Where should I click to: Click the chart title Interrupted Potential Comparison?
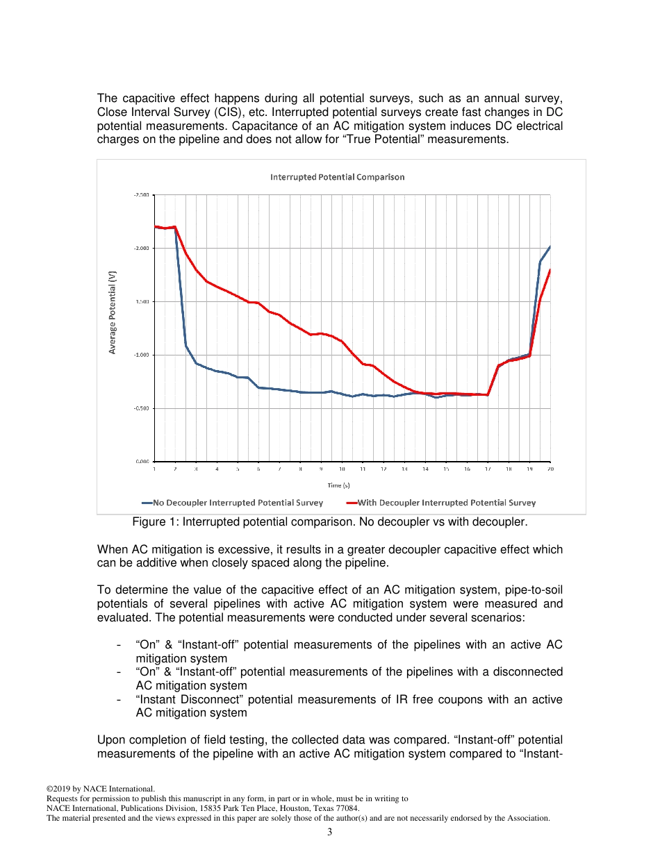tap(337, 177)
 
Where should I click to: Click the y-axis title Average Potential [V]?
tap(113, 312)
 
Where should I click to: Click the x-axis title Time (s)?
tap(338, 485)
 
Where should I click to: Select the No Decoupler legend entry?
tap(233, 503)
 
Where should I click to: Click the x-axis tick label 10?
tap(342, 469)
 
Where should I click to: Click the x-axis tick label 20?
tap(550, 469)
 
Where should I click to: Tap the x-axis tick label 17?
tap(488, 469)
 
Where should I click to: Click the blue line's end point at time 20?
tap(550, 246)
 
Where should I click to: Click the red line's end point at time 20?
tap(550, 270)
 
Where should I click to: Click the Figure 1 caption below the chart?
tap(329, 521)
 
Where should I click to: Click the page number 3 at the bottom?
tap(330, 832)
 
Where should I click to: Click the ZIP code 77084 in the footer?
tap(347, 808)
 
